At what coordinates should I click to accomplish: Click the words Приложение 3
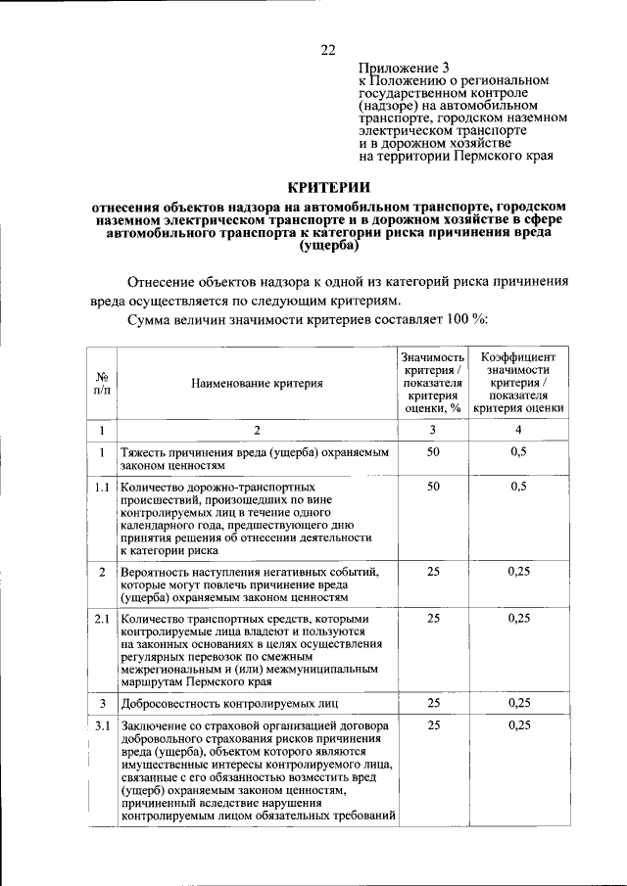click(x=405, y=68)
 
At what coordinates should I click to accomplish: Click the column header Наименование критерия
click(x=258, y=384)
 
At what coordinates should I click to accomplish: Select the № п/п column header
click(x=101, y=384)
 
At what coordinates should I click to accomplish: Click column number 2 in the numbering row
click(x=258, y=430)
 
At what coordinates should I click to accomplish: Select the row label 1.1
click(x=101, y=486)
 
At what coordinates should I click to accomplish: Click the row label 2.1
click(x=101, y=619)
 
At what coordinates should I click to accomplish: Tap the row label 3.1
click(x=101, y=725)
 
